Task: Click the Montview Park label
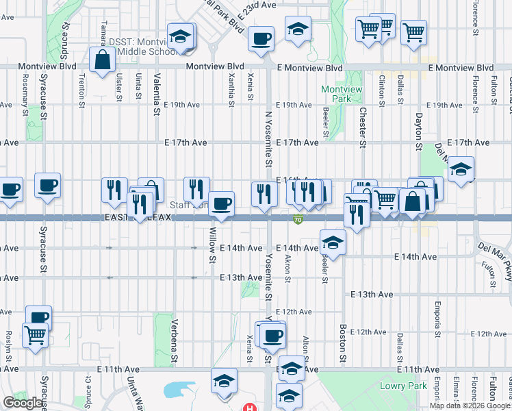336,94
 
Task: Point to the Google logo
24,403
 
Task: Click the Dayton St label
418,130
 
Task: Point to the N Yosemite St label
266,155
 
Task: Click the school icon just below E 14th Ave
333,243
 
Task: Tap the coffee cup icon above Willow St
221,203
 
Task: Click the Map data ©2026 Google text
469,406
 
